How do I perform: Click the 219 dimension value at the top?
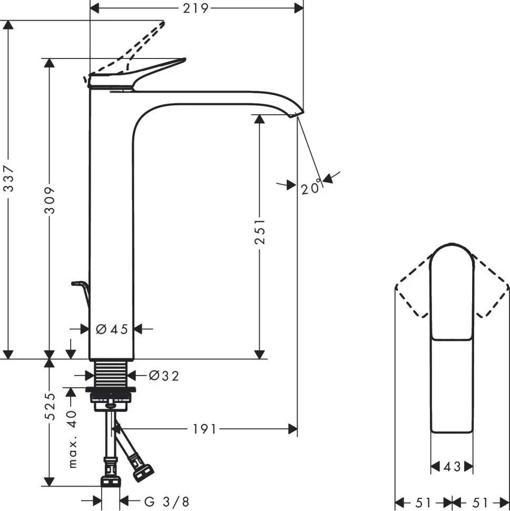[197, 8]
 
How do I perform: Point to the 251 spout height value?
[259, 231]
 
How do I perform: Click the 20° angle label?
[311, 188]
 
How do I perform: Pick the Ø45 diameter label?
[112, 329]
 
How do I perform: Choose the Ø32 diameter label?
[163, 376]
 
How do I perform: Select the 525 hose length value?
[50, 406]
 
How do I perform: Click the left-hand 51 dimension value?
[424, 501]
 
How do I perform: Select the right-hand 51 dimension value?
[480, 501]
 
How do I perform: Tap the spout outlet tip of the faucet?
[297, 114]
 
